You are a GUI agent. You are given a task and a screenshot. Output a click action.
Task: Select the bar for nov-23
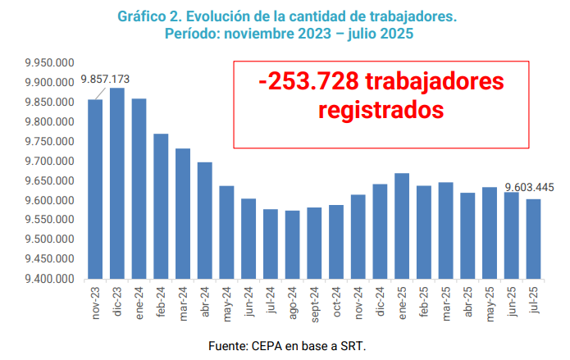click(x=95, y=189)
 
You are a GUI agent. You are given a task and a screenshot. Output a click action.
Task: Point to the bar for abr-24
click(x=205, y=221)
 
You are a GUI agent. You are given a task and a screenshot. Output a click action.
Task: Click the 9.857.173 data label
click(x=105, y=80)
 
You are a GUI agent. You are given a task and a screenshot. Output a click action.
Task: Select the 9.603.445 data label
click(x=529, y=187)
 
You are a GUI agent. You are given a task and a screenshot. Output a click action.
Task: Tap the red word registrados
click(x=381, y=109)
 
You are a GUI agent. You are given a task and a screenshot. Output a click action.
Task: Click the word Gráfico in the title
click(x=144, y=16)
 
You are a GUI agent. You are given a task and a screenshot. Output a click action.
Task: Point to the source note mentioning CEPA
click(x=285, y=344)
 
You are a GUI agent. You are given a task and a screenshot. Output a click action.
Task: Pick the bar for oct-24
click(x=336, y=242)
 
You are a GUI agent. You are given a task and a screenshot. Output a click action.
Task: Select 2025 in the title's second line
click(x=394, y=34)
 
